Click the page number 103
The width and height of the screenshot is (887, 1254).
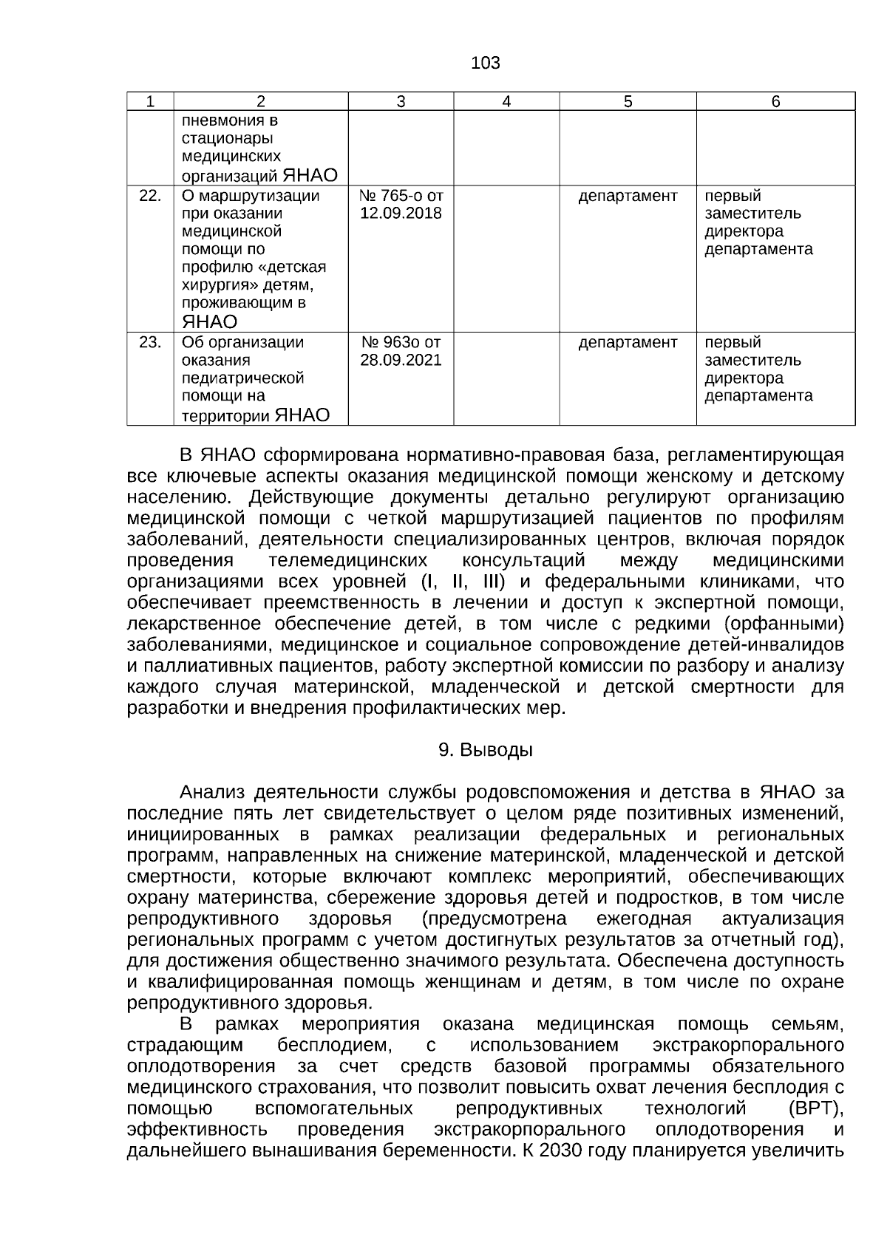[485, 64]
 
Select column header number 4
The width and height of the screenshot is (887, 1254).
[506, 102]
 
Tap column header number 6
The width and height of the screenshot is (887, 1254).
[775, 102]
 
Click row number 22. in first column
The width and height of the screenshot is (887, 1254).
[150, 196]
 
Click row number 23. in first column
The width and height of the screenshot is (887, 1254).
[150, 343]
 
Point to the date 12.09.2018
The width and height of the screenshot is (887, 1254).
[401, 214]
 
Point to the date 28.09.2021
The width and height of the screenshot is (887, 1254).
[401, 361]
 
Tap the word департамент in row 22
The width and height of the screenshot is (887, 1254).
[628, 196]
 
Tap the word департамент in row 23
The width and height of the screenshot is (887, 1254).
[628, 343]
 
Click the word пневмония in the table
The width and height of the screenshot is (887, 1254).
[220, 120]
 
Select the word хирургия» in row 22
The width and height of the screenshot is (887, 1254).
[214, 285]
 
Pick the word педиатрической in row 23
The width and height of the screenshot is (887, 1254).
[242, 378]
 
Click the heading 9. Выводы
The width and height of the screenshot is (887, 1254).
[485, 750]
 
